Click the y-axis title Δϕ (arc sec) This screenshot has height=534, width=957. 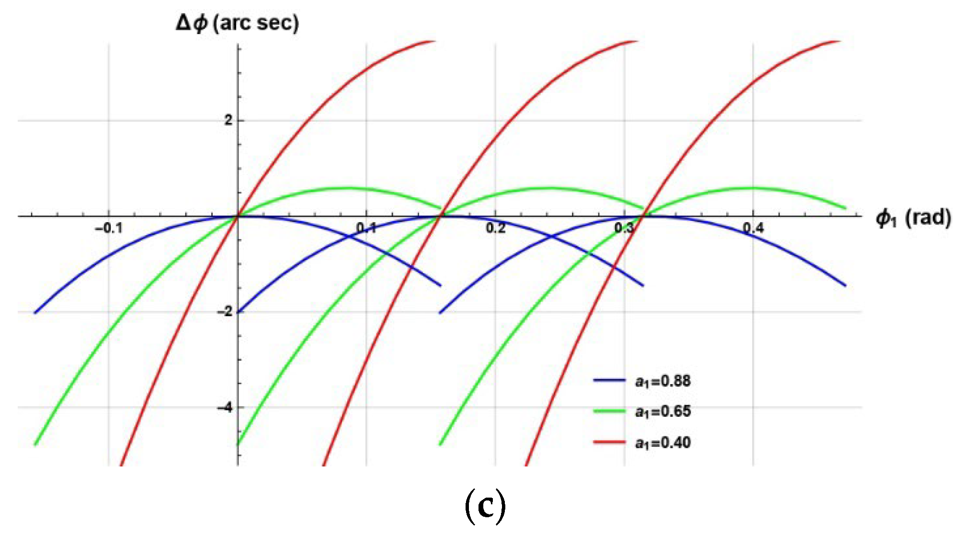click(x=238, y=23)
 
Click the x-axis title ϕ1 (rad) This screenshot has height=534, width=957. click(x=913, y=218)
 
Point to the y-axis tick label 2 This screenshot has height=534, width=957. click(x=228, y=120)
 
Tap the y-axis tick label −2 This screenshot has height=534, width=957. click(x=224, y=312)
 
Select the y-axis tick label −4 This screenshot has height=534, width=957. click(x=224, y=408)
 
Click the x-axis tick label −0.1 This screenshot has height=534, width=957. click(x=109, y=228)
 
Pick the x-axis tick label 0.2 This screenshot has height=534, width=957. click(x=495, y=228)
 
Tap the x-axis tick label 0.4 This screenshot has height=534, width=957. click(x=753, y=228)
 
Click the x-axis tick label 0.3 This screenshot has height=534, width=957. click(x=624, y=228)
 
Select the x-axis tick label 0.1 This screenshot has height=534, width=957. click(x=366, y=228)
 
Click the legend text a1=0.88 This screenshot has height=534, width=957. click(x=663, y=381)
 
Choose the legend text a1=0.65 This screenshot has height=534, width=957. click(x=663, y=411)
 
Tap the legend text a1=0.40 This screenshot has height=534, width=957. click(x=663, y=443)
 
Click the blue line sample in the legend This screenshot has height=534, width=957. click(x=609, y=380)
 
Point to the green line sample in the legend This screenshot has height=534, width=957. click(x=609, y=411)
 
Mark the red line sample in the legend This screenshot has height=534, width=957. click(x=609, y=442)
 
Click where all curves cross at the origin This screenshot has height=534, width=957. click(x=238, y=216)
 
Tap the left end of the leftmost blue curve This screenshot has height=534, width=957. click(x=35, y=312)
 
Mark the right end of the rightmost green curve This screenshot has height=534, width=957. click(x=845, y=208)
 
